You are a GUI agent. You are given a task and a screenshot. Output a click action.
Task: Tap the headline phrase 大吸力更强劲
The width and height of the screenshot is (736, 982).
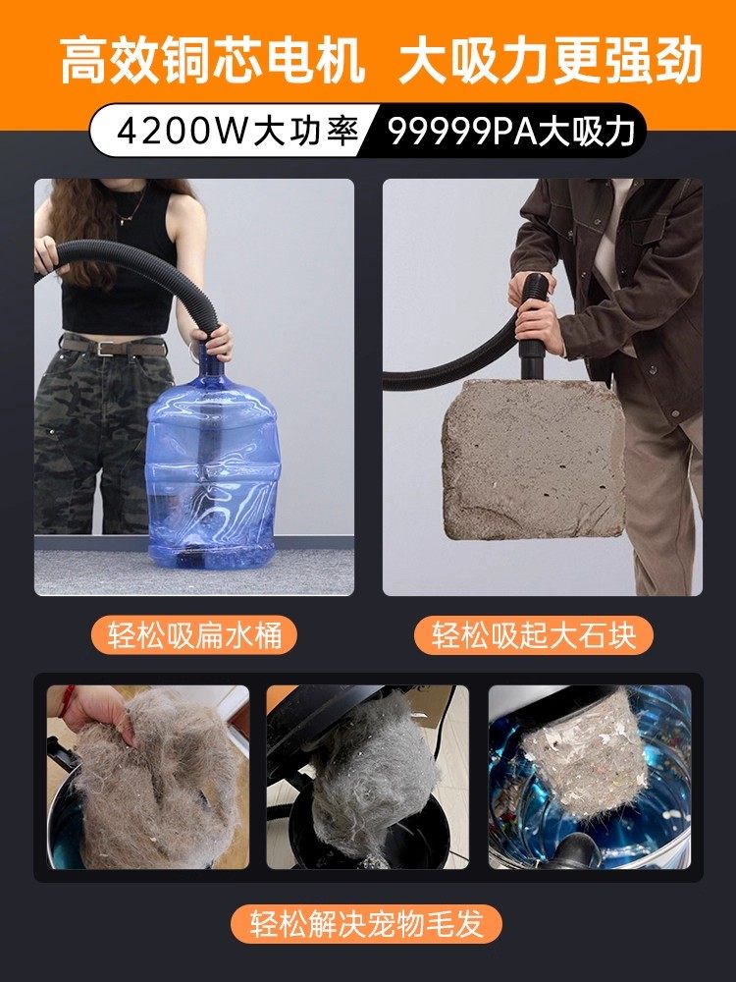pos(551,62)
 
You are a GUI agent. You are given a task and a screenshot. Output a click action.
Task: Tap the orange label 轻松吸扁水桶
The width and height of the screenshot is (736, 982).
pos(194,634)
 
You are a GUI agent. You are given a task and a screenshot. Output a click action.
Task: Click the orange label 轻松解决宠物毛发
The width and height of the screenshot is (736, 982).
pos(368,924)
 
